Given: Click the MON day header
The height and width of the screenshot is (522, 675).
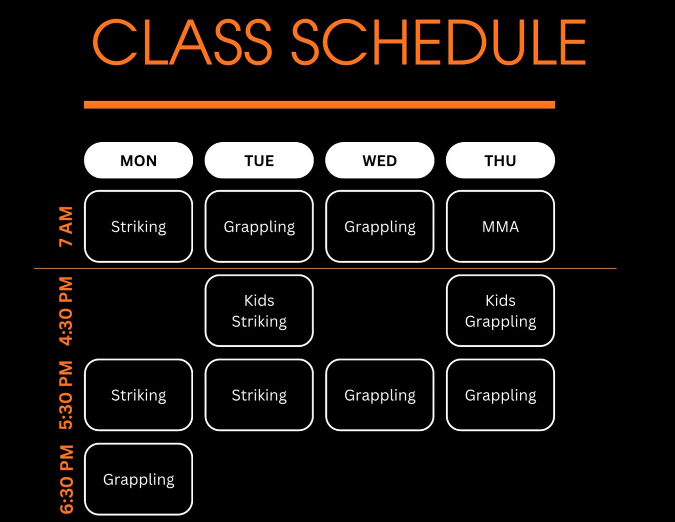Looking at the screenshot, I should [139, 160].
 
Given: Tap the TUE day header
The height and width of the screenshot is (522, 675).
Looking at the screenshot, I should [259, 160].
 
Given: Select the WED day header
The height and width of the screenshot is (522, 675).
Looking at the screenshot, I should [380, 160].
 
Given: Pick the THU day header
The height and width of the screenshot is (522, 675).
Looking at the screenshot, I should [500, 160].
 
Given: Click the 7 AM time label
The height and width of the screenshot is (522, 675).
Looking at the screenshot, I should [66, 226].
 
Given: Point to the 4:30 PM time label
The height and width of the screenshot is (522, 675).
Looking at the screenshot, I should [66, 311].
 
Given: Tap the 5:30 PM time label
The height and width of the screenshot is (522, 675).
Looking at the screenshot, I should [66, 395].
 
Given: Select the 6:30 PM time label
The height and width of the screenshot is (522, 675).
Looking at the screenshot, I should [66, 479].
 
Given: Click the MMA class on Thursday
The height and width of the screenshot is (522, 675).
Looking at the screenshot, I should [500, 226].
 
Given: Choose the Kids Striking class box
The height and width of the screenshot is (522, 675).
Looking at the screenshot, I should [259, 311].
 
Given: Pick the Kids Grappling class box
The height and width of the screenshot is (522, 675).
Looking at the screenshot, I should [500, 311].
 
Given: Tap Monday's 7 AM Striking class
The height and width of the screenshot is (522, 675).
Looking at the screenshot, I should [139, 226].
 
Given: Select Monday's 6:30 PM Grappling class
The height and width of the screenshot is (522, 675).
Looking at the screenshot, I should [139, 479].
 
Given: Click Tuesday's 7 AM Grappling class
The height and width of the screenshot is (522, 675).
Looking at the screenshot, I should [259, 226].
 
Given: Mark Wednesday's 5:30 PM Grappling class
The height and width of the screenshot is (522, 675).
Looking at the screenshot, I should [380, 395].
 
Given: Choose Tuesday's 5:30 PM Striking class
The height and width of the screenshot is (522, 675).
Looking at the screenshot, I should [259, 395].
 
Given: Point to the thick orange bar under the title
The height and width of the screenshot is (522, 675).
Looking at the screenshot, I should [319, 105].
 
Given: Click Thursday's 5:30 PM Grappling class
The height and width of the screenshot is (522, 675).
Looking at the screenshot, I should [500, 395].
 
